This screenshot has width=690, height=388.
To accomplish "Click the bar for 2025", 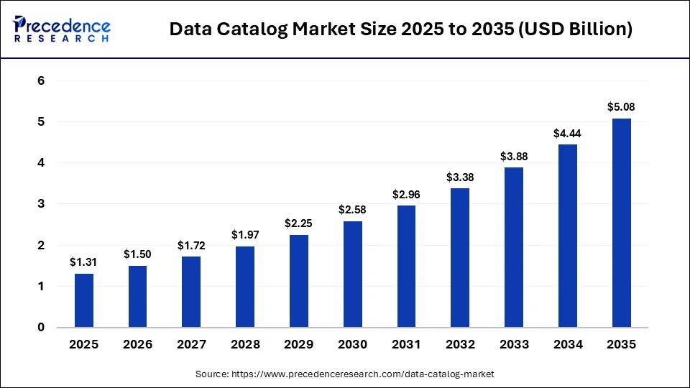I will point(84,300).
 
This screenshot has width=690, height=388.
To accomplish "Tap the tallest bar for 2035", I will point(622,223).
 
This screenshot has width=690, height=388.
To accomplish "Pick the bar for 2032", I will point(461,258).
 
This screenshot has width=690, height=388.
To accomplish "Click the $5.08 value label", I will point(622,107).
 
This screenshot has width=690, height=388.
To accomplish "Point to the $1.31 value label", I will point(84,262).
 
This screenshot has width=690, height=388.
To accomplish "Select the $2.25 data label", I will point(299,223).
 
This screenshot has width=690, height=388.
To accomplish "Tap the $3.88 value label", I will point(514,156).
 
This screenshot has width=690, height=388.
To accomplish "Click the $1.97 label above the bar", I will point(245,235).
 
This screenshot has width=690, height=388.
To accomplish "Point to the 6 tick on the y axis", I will point(41,81).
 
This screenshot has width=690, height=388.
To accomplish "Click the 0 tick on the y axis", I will point(41,328).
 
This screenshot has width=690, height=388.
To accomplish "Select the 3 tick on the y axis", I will point(41,204).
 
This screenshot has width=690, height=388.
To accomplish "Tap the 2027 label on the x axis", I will point(191,345).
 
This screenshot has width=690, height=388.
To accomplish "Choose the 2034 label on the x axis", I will point(568,345).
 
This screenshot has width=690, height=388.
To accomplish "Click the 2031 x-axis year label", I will point(407,345).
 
